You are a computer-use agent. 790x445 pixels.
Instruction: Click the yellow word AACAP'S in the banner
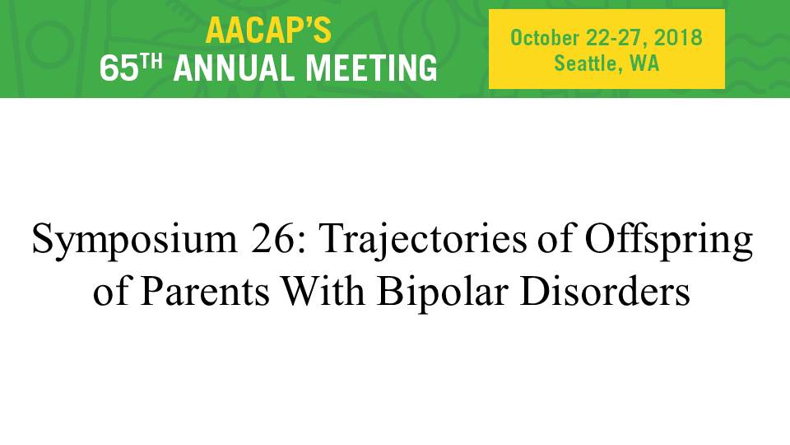click(x=268, y=30)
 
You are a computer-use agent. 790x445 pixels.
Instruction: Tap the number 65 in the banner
click(x=118, y=68)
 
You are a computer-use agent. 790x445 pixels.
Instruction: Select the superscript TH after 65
click(x=151, y=62)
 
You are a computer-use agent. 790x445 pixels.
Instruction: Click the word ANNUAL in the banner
click(x=235, y=68)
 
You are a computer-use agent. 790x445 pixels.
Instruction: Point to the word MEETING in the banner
click(x=371, y=68)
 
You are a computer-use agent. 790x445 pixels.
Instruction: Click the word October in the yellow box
click(x=545, y=38)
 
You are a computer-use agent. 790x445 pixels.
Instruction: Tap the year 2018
click(x=678, y=38)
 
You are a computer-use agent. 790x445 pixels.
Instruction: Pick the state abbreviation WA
click(x=644, y=63)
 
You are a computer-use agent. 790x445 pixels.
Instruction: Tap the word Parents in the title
click(x=205, y=291)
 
